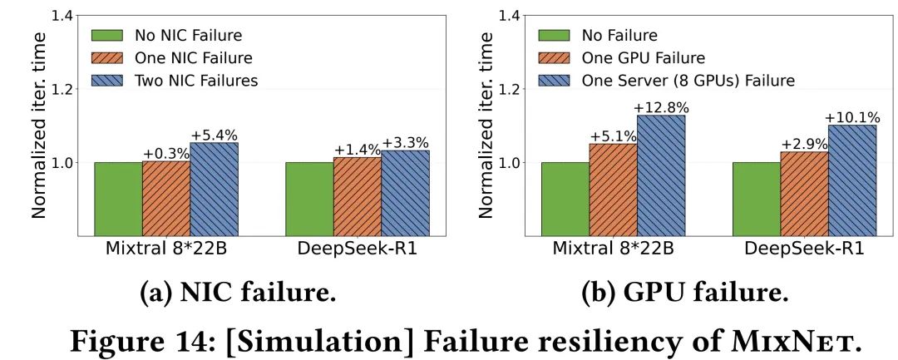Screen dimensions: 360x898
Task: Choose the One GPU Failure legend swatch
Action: [554, 58]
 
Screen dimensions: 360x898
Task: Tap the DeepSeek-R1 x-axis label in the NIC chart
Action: [358, 249]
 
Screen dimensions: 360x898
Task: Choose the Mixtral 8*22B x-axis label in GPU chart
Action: [614, 249]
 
